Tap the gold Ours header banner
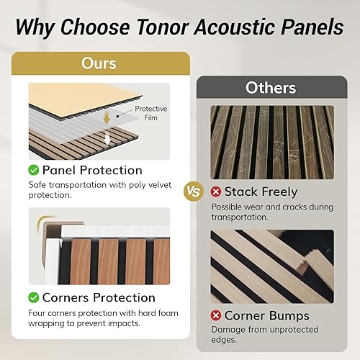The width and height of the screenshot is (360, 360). click(x=99, y=63)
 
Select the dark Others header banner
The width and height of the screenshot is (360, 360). click(x=270, y=88)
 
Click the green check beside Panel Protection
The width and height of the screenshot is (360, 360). click(x=33, y=171)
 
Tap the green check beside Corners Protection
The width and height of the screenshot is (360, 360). click(x=33, y=297)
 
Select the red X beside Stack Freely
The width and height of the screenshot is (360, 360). click(x=215, y=192)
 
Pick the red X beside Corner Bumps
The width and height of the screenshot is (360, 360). click(x=215, y=315)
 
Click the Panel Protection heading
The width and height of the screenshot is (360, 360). click(x=92, y=171)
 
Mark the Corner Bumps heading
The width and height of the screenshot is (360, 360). click(x=266, y=315)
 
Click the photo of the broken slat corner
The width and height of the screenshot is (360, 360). click(x=271, y=266)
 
